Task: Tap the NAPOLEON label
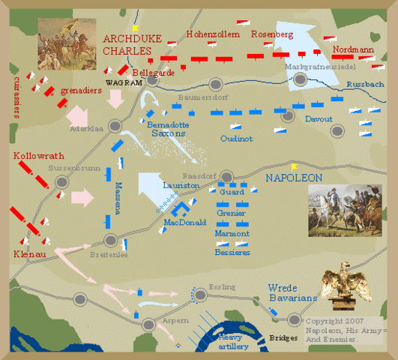(294, 178)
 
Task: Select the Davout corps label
(318, 118)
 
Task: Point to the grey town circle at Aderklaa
(115, 126)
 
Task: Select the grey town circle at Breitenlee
(111, 241)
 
